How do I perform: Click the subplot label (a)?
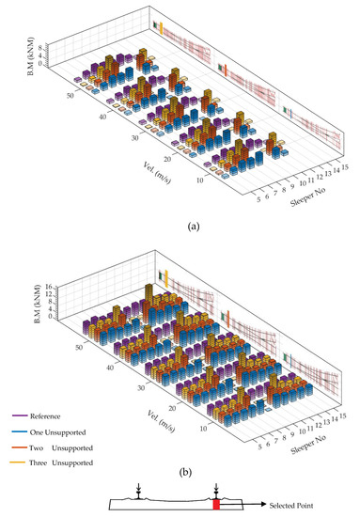pyautogui.click(x=180, y=225)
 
